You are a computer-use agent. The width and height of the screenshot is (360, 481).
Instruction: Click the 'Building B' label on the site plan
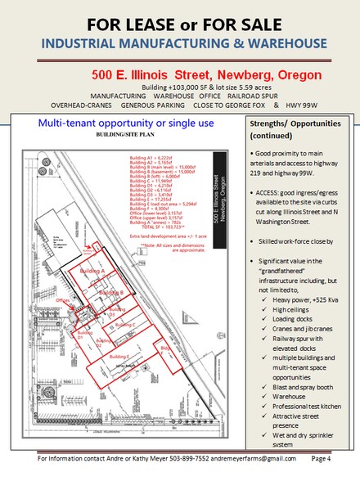point(110,292)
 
